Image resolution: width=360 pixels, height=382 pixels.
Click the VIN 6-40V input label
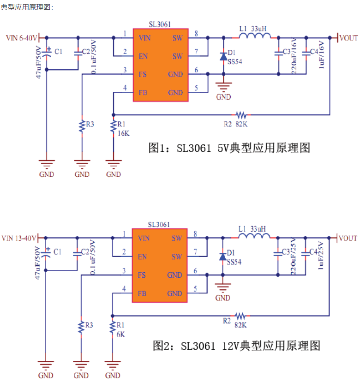tap(21, 38)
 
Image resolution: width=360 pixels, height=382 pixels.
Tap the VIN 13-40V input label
tap(19, 238)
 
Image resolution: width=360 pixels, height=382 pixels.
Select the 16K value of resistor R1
tap(124, 133)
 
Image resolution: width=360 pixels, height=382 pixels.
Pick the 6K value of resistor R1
tap(120, 334)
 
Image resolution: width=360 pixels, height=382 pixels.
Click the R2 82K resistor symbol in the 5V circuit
tap(241, 115)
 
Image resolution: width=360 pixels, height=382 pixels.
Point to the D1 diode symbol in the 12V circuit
tap(223, 257)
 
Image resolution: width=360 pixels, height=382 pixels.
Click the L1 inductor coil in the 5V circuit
tap(255, 36)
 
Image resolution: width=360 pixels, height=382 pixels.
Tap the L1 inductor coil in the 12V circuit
tap(254, 236)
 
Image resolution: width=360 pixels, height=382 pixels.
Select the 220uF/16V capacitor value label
tap(294, 55)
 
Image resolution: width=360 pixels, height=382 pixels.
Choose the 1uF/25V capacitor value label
tap(320, 255)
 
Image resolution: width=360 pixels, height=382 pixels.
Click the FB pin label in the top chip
tap(143, 93)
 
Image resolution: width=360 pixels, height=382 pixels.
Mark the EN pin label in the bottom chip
tap(142, 257)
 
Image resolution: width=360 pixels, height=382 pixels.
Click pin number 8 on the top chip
tap(196, 34)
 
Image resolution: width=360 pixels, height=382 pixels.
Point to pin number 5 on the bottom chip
tap(195, 289)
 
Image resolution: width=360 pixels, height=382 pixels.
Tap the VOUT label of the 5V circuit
tap(348, 38)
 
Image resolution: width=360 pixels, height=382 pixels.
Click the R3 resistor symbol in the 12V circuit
tap(81, 327)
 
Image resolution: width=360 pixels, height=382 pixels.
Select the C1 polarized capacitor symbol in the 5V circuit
tap(47, 53)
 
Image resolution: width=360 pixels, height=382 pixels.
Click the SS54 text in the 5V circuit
tap(235, 62)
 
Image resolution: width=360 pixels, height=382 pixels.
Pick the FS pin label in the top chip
tap(143, 74)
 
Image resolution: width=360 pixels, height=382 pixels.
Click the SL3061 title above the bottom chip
tap(159, 225)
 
